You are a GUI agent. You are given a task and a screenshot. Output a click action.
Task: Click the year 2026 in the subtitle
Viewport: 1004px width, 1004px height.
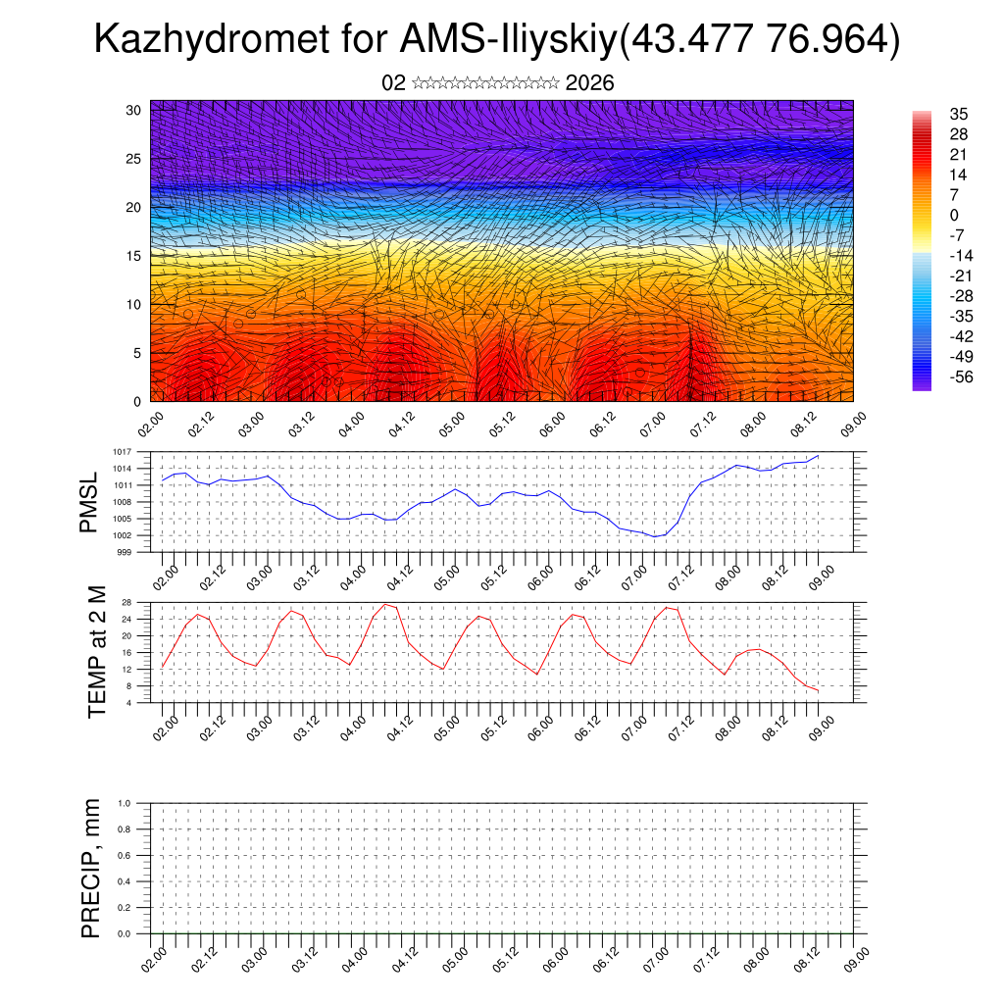[x=590, y=83]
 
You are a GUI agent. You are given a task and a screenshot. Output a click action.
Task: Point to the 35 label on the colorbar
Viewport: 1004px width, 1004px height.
[x=959, y=115]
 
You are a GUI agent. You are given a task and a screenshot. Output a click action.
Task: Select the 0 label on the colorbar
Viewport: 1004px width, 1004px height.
[x=954, y=215]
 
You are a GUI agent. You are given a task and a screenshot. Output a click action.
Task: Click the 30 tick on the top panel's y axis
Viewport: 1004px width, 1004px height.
[x=134, y=110]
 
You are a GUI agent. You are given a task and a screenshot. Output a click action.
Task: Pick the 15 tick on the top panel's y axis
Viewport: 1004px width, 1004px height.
[x=134, y=256]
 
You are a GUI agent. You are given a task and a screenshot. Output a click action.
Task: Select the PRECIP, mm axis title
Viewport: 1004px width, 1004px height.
[x=91, y=868]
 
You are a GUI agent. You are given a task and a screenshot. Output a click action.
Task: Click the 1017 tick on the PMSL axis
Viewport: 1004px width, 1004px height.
[x=123, y=452]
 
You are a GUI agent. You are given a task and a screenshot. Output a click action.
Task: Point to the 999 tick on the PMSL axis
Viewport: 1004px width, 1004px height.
[x=125, y=552]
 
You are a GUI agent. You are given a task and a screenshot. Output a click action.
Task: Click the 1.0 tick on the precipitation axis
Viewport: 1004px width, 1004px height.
[x=125, y=803]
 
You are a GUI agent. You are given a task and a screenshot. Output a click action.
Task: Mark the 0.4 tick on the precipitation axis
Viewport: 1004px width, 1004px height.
[x=125, y=881]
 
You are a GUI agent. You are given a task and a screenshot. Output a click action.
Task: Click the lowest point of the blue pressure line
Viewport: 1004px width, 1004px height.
[x=654, y=536]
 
